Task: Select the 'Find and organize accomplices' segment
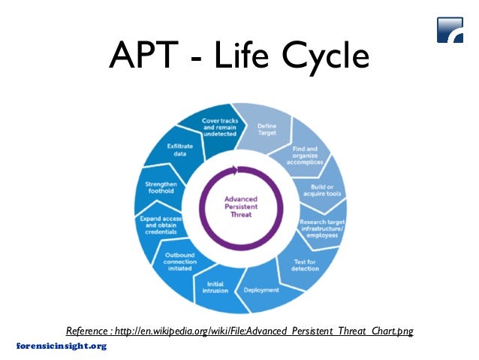click(x=305, y=155)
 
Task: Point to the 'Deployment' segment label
click(x=261, y=289)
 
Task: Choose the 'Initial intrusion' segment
click(x=215, y=288)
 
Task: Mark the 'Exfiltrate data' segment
click(x=178, y=151)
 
